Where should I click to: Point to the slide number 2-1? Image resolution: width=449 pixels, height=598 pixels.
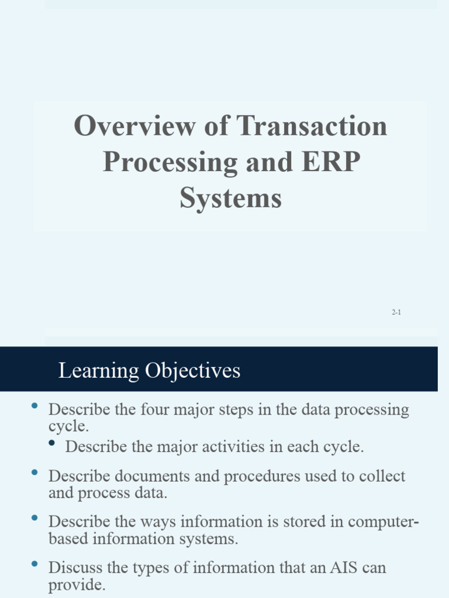[396, 313]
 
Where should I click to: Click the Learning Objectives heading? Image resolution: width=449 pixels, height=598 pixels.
[149, 371]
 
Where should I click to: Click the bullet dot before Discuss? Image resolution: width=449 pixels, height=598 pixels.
[34, 564]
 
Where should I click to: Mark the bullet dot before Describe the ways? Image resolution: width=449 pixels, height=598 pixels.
[34, 518]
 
